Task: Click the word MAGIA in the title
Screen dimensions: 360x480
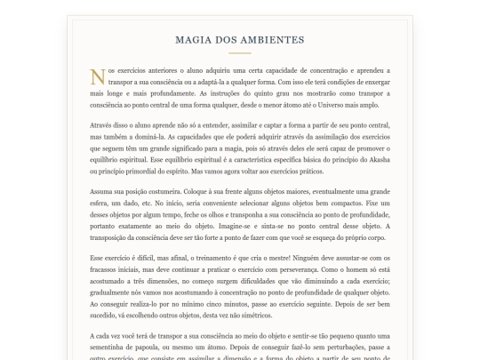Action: pyautogui.click(x=195, y=40)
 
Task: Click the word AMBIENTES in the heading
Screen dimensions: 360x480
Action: pyautogui.click(x=274, y=40)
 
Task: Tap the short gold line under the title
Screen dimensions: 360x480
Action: pyautogui.click(x=240, y=53)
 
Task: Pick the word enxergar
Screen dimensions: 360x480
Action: pyautogui.click(x=372, y=80)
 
